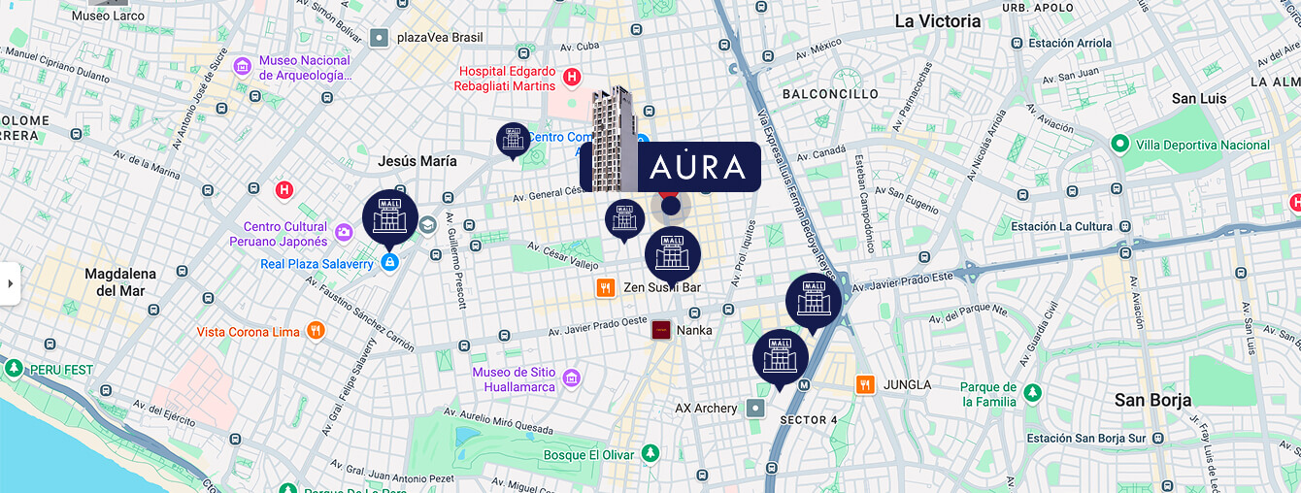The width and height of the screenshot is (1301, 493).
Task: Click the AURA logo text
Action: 697,167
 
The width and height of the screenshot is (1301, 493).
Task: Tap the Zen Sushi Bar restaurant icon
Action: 606,287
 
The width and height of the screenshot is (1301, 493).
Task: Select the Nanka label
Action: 694,330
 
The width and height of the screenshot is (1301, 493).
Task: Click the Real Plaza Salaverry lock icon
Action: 389,262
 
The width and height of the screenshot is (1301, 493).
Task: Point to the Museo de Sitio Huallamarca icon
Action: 571,378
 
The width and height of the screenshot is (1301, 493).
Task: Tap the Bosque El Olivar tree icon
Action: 650,453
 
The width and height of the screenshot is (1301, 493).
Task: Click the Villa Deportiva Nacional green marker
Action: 1119,145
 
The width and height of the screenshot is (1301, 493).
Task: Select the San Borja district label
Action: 1151,400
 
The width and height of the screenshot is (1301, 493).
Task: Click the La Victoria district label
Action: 937,21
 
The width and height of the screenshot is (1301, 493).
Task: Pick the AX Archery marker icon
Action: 755,409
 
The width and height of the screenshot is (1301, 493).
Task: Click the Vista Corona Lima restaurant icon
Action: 316,331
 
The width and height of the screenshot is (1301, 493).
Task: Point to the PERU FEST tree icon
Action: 14,369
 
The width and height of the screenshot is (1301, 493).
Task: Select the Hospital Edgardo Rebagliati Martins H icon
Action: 572,77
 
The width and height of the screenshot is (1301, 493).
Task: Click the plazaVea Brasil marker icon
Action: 379,38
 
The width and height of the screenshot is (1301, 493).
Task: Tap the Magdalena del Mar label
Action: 120,282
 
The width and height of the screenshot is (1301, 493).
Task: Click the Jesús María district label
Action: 417,161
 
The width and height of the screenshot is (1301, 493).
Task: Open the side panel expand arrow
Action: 10,283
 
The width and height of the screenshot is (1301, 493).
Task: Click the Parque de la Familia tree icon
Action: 1033,393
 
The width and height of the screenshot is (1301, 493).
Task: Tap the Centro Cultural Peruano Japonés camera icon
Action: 343,232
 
